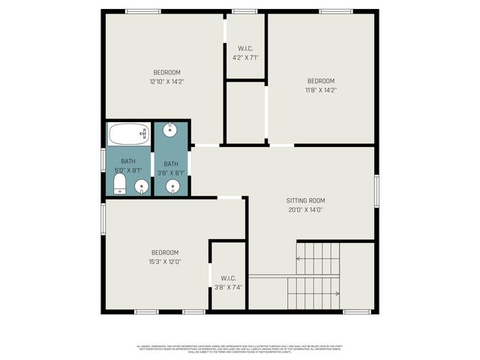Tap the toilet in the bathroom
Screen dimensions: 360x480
120,185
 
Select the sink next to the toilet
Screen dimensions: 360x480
140,186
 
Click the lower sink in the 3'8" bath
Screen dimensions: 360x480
174,186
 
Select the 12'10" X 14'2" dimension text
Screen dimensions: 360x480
166,81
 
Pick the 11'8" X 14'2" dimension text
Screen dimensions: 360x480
320,89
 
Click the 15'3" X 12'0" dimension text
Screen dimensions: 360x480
165,261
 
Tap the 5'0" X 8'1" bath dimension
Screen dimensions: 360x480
128,171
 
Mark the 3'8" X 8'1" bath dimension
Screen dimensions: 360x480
171,172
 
